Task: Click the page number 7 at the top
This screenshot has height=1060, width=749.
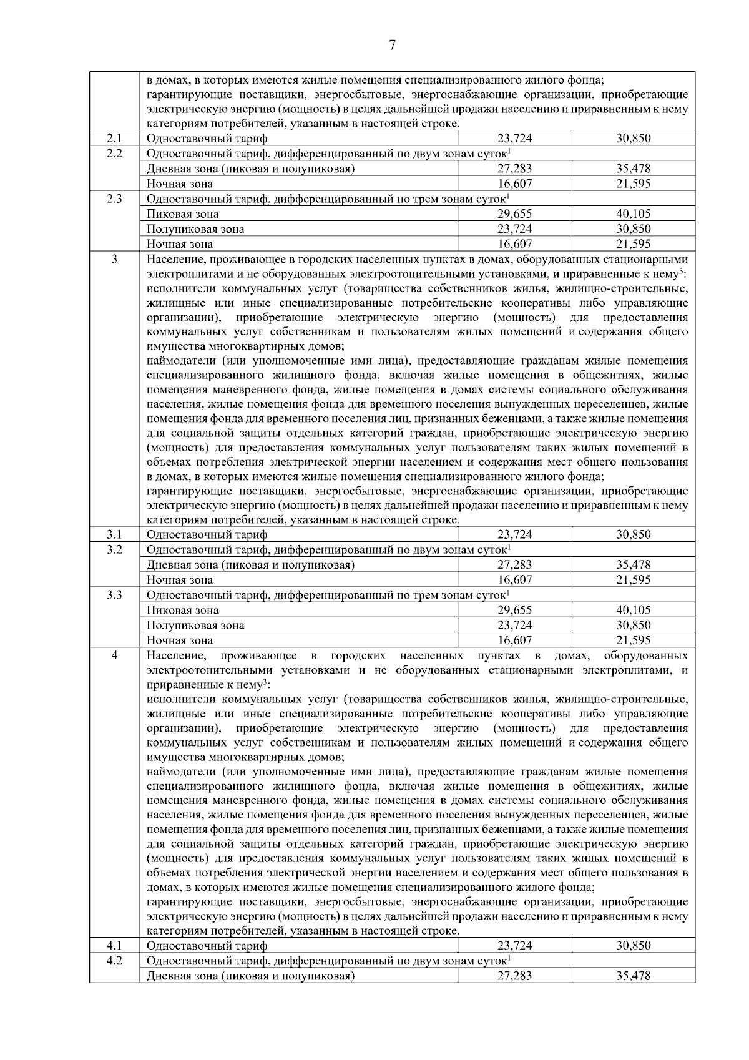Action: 392,44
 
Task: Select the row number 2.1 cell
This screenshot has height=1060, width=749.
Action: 114,139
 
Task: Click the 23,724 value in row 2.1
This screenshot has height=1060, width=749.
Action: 514,139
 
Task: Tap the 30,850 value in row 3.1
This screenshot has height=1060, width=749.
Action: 634,534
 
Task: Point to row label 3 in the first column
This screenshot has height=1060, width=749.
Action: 114,259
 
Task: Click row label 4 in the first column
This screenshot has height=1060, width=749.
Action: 114,655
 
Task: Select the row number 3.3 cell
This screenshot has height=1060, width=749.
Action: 114,595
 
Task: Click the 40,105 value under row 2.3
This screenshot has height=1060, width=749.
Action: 634,214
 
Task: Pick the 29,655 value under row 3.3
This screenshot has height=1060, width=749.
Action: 514,610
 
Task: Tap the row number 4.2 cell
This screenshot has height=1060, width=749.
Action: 114,960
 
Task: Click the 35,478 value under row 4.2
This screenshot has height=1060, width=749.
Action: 634,976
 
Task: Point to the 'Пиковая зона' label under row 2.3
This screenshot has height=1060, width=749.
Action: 182,214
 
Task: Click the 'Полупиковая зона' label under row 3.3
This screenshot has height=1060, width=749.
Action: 195,625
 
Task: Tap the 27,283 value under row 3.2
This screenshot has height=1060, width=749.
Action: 514,565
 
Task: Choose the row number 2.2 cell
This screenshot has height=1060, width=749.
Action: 114,154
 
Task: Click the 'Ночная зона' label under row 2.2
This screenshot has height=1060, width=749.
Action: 180,184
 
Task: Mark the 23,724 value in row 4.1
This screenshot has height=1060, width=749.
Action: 514,945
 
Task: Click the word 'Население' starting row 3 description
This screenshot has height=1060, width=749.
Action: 172,259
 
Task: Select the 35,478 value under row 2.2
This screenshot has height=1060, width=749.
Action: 634,169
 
